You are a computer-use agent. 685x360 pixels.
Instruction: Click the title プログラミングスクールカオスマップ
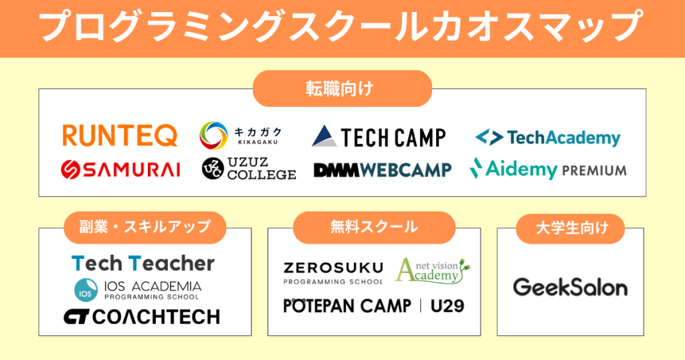point(342,28)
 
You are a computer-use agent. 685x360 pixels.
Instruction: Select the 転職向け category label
point(342,88)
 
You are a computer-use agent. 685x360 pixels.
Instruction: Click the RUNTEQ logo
point(120,134)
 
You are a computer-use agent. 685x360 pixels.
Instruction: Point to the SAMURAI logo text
point(130,169)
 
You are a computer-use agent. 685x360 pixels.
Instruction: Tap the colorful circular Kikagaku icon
point(213,134)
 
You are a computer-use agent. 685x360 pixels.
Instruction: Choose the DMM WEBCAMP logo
point(382,170)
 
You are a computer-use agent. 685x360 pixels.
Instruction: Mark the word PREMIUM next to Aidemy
point(595,170)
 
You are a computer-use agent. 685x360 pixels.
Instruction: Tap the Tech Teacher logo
point(142,263)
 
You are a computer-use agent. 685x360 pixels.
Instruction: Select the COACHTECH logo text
point(156,317)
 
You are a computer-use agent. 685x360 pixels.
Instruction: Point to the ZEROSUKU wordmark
point(333,268)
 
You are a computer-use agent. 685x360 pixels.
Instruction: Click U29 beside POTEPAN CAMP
point(447,306)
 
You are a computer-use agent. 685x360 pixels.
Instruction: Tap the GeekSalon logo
point(570,288)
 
